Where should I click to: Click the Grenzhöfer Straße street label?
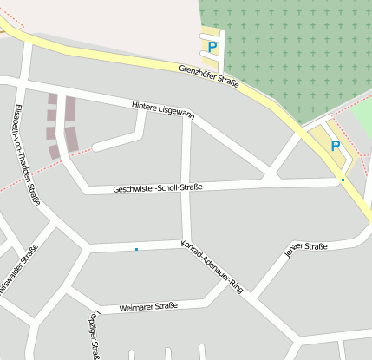click(x=208, y=75)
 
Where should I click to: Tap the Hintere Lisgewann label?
click(x=163, y=109)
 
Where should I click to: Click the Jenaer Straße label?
click(x=305, y=251)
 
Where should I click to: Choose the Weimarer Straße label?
click(x=148, y=306)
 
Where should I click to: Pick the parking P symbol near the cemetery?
click(x=212, y=47)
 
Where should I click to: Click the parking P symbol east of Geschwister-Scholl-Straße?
click(x=335, y=146)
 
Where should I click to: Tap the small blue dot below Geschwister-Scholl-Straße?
click(x=136, y=250)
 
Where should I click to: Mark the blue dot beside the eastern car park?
click(x=343, y=180)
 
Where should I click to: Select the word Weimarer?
click(x=134, y=307)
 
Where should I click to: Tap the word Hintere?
click(x=146, y=106)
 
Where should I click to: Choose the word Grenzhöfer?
click(x=195, y=70)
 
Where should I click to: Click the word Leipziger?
click(x=94, y=324)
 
